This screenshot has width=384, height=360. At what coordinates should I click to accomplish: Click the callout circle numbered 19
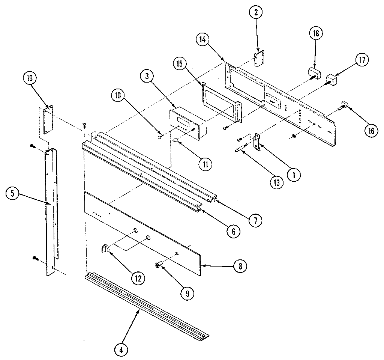click(x=29, y=78)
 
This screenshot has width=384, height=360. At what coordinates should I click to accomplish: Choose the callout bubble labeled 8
click(x=240, y=266)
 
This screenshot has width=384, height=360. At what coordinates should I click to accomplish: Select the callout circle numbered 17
click(x=362, y=60)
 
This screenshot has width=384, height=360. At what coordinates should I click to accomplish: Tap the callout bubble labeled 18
click(x=315, y=33)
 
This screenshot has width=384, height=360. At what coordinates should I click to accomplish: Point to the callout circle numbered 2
click(x=257, y=12)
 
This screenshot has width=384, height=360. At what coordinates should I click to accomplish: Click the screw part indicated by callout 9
click(x=158, y=265)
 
